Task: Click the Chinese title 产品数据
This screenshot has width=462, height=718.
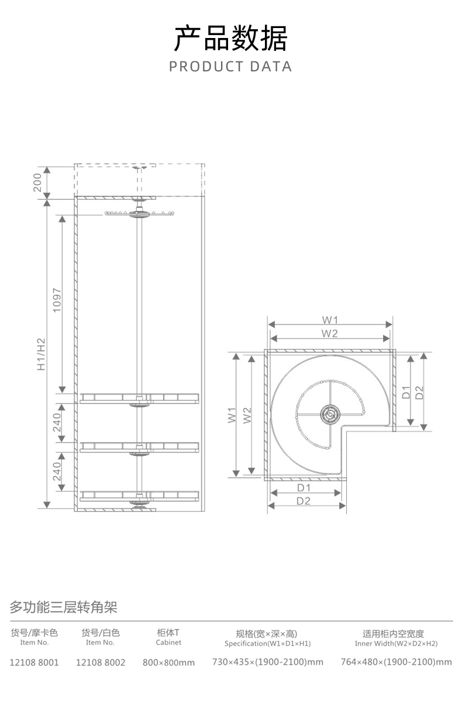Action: pyautogui.click(x=231, y=38)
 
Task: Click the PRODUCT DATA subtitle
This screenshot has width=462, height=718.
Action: pyautogui.click(x=230, y=67)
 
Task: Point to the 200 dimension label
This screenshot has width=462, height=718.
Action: pyautogui.click(x=37, y=182)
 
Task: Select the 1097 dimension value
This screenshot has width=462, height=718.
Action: pyautogui.click(x=57, y=300)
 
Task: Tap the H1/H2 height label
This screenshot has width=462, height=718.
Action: pyautogui.click(x=42, y=354)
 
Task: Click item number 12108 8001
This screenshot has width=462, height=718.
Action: pyautogui.click(x=35, y=662)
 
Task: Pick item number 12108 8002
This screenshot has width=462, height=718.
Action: pyautogui.click(x=101, y=662)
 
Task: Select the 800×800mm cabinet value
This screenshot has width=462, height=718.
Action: pyautogui.click(x=168, y=662)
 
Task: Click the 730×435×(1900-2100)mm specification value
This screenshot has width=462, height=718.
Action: pyautogui.click(x=268, y=662)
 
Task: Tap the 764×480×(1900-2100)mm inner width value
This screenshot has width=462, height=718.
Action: pyautogui.click(x=397, y=662)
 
